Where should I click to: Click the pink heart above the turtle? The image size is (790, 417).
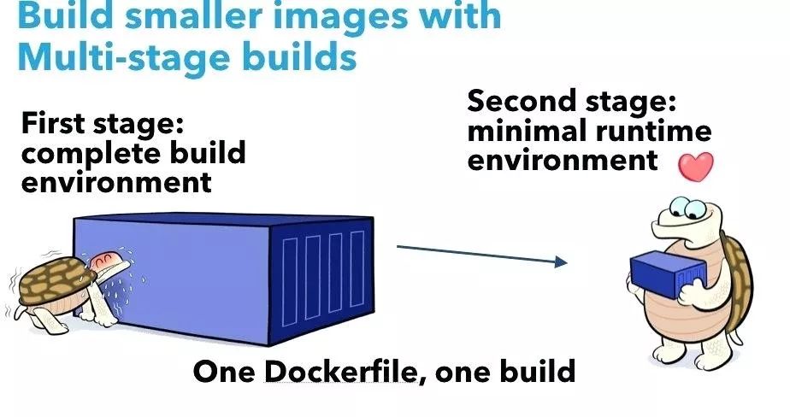coord(696,167)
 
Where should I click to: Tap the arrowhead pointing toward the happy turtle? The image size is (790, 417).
coord(561,261)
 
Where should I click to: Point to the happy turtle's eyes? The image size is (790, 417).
coord(687,208)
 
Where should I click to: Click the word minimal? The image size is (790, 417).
coord(527,131)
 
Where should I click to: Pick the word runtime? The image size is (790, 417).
coord(654,132)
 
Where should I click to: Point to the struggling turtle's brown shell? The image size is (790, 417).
coord(56,279)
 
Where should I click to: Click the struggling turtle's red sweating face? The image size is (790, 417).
coord(105,261)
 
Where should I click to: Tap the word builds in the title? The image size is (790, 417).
coord(299,56)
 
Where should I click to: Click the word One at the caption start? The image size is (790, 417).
coord(225,372)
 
